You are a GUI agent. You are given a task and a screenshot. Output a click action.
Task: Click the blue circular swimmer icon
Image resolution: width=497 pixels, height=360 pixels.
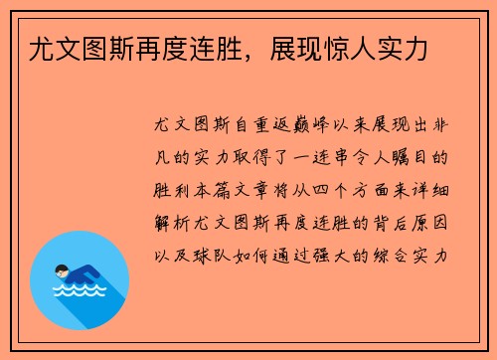point(80,280)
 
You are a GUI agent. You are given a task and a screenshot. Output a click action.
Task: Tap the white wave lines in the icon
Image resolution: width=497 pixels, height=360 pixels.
point(80,292)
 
